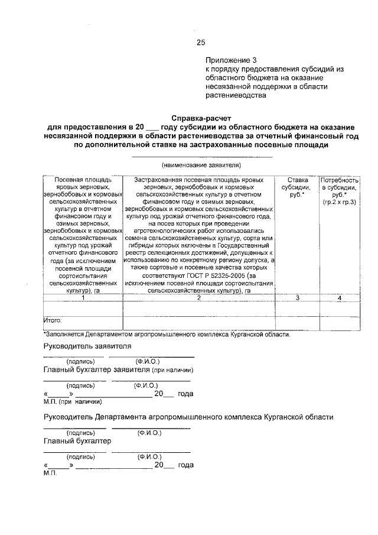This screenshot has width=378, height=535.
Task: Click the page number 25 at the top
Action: tap(201, 42)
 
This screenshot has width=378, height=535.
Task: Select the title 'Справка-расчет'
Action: tap(201, 118)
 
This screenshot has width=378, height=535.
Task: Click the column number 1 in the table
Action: tap(83, 298)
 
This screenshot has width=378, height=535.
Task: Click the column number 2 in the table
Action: tap(199, 298)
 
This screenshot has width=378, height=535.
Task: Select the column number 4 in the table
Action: tap(339, 298)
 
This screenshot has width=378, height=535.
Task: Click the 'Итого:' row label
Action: tap(53, 320)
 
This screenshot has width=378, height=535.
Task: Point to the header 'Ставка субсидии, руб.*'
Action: tap(297, 187)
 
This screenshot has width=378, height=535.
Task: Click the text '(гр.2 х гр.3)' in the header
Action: tap(339, 203)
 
